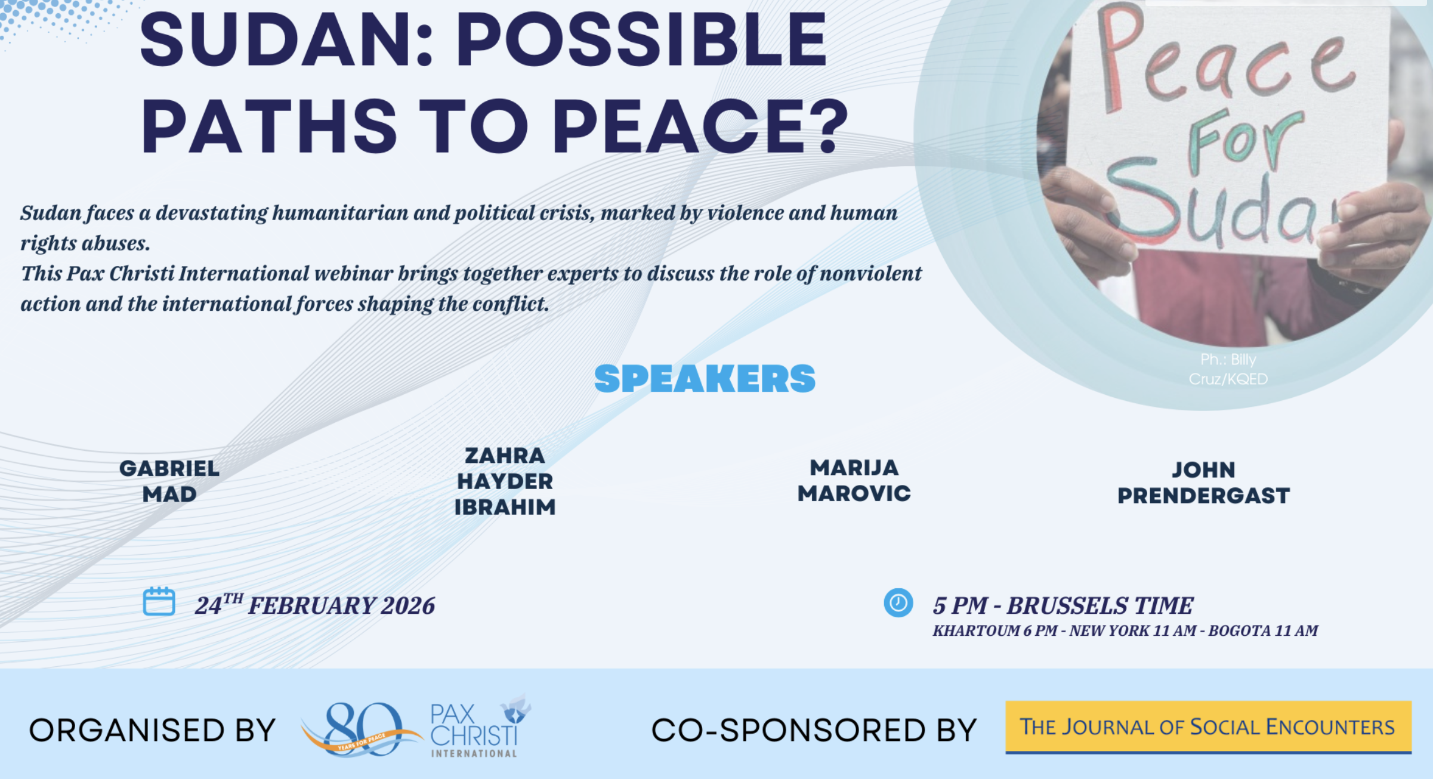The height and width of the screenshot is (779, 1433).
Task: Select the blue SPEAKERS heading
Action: pyautogui.click(x=705, y=379)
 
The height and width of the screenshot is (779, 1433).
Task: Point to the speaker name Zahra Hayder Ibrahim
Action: pyautogui.click(x=505, y=481)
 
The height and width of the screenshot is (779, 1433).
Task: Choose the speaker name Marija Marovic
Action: pyautogui.click(x=854, y=481)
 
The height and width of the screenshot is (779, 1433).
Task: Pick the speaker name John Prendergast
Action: pyautogui.click(x=1203, y=483)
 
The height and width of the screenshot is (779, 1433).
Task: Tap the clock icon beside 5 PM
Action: pyautogui.click(x=898, y=602)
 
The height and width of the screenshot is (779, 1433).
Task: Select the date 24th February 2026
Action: pyautogui.click(x=315, y=605)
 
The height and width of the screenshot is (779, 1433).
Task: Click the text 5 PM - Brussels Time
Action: pyautogui.click(x=1063, y=605)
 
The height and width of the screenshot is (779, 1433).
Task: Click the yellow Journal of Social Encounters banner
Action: pyautogui.click(x=1208, y=727)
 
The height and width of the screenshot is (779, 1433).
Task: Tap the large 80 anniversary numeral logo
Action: pyautogui.click(x=361, y=729)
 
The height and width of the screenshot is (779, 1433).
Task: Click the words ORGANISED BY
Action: pyautogui.click(x=153, y=731)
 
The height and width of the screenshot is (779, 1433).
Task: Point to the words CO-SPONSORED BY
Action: pyautogui.click(x=814, y=731)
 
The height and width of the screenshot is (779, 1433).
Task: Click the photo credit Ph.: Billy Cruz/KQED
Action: pyautogui.click(x=1228, y=369)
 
